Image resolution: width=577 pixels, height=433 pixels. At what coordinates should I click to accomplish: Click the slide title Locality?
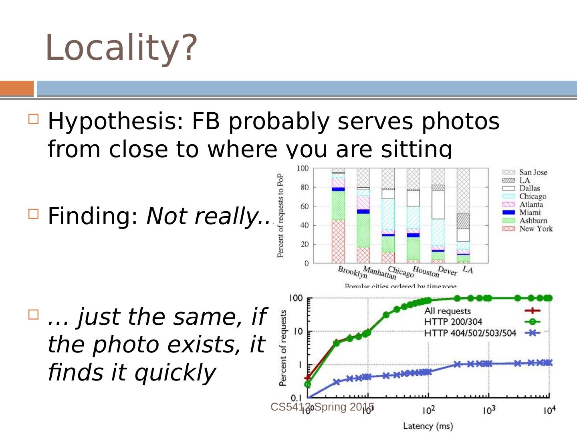point(121,48)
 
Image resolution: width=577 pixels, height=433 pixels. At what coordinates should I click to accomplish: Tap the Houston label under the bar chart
point(426,271)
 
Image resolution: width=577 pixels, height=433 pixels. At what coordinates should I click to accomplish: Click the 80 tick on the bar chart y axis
point(305,187)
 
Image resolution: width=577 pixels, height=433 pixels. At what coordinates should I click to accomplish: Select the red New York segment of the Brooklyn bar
point(338,241)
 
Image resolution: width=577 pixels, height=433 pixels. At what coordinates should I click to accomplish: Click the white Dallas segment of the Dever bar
point(438,204)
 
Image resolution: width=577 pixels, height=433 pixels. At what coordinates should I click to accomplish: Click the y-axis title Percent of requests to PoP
point(280,215)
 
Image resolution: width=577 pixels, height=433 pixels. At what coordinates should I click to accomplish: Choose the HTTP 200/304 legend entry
point(453,322)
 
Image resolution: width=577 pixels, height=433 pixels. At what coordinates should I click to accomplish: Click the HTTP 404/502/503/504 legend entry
point(470,333)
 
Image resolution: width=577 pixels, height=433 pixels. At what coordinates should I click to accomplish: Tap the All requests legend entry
point(447,311)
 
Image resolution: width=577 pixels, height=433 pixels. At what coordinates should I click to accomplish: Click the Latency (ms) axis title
point(428,426)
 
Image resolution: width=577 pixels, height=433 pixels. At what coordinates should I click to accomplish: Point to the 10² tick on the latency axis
point(428,411)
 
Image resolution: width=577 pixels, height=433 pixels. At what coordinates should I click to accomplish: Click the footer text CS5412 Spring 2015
point(322,407)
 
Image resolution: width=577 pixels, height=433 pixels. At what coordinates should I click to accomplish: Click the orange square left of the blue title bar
point(17,89)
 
